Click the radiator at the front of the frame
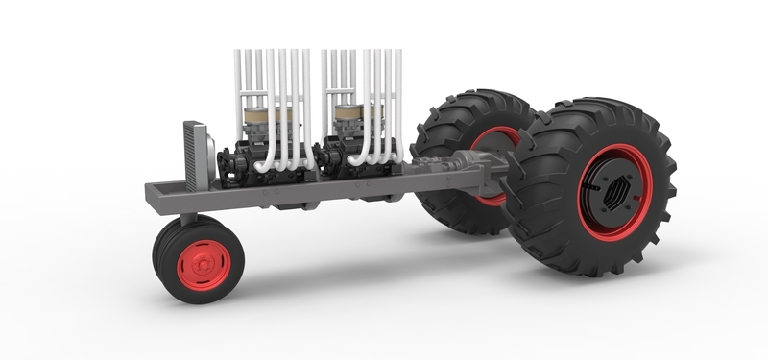coord(193,156)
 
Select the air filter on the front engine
coord(269,121)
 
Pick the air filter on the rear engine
coord(357,120)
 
